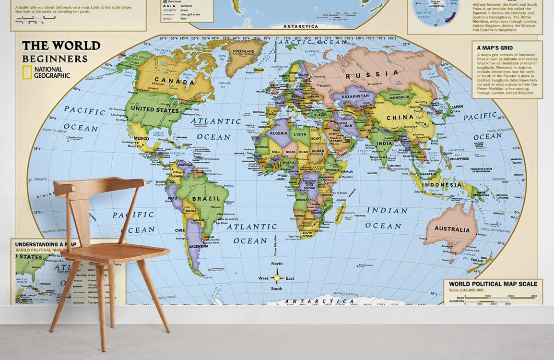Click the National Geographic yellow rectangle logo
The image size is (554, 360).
tap(27, 72)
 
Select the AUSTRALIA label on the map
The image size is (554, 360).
tap(452, 229)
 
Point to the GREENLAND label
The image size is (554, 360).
tap(243, 51)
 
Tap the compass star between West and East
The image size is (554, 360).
tap(277, 277)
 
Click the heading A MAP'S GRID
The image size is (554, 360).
tap(495, 48)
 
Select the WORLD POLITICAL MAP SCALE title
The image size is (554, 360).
tap(493, 284)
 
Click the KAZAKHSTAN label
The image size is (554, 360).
tap(355, 96)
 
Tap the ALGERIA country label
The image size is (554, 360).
tap(278, 133)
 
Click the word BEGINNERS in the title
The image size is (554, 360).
tap(55, 59)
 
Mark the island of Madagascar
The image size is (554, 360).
tap(339, 213)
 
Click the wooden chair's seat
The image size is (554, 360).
tap(115, 252)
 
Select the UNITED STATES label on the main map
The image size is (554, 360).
tap(154, 110)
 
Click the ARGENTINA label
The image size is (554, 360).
tap(199, 246)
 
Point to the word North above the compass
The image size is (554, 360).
tap(277, 264)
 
